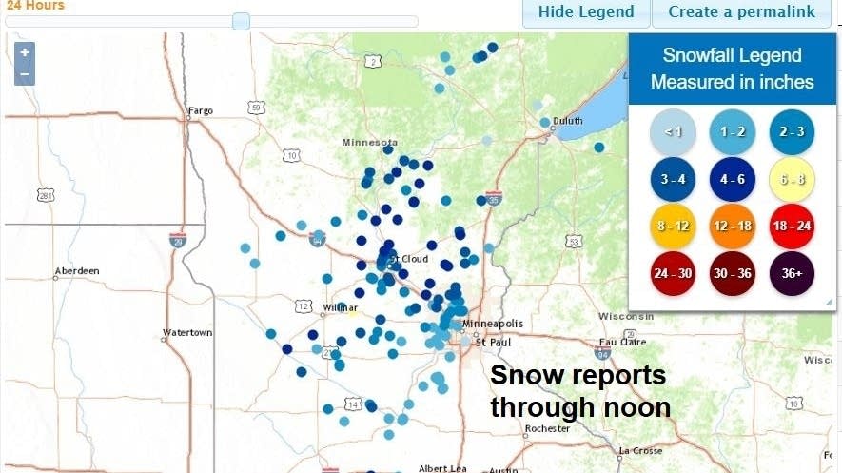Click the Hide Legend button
(x=585, y=12)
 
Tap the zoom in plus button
(x=25, y=52)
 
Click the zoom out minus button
(x=25, y=73)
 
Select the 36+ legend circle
(x=793, y=274)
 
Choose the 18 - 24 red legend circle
(x=793, y=227)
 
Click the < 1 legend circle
(x=674, y=130)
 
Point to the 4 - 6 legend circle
(x=733, y=178)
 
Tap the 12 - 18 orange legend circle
(x=733, y=227)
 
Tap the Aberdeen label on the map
(x=77, y=271)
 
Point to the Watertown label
(x=187, y=333)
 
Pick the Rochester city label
(x=547, y=429)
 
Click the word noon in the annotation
(x=636, y=407)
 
